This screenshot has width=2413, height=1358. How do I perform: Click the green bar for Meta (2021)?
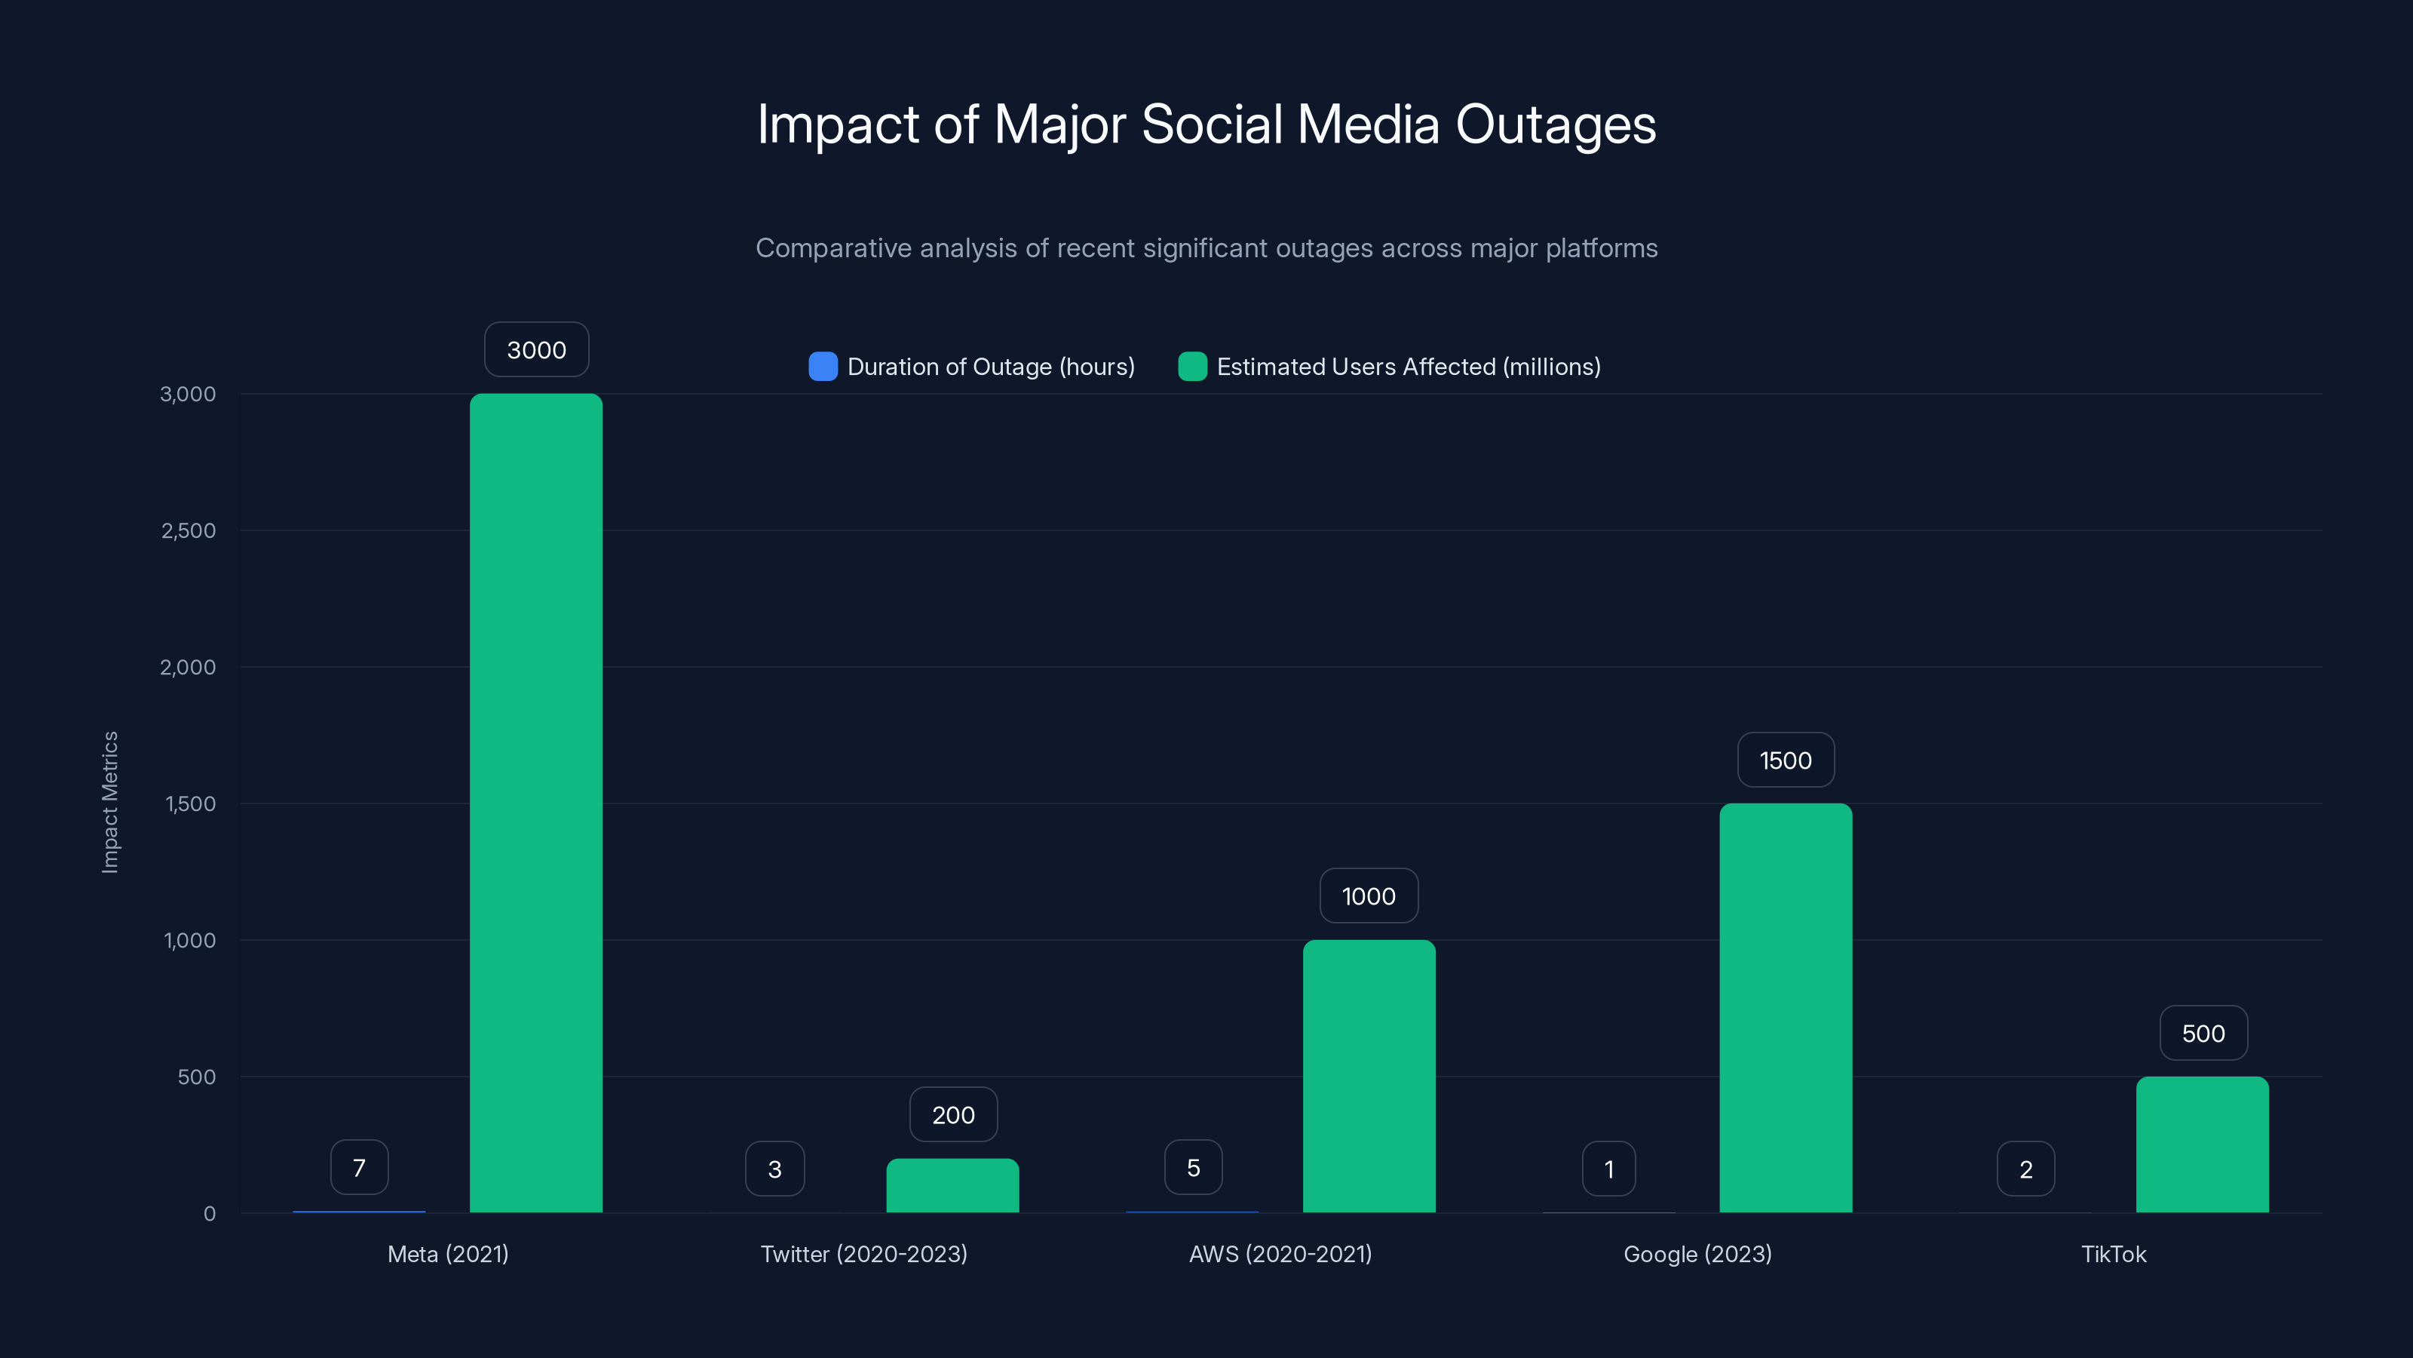[x=536, y=803]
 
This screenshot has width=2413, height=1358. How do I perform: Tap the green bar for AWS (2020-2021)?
[x=1369, y=1076]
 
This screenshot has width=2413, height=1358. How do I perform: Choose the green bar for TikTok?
[x=2202, y=1144]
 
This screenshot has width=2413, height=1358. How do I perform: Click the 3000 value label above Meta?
[x=537, y=349]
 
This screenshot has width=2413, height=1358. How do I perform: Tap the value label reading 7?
[x=359, y=1168]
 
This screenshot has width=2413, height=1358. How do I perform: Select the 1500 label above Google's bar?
[x=1786, y=760]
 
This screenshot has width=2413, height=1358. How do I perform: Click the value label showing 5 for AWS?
[x=1194, y=1168]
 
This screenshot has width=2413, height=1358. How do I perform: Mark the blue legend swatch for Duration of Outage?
[x=823, y=367]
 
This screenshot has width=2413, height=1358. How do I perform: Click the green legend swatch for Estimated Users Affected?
[x=1191, y=367]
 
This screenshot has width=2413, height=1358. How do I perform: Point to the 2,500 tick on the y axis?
[x=189, y=530]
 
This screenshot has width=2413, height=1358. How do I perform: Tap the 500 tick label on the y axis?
[x=197, y=1077]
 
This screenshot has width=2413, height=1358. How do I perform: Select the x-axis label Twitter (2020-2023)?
[x=863, y=1254]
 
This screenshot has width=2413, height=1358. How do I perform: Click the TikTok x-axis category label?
[x=2113, y=1254]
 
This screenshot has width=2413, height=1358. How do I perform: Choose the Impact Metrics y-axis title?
[x=111, y=802]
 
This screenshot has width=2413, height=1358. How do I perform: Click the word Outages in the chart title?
[x=1555, y=124]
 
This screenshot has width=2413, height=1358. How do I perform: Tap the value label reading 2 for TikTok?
[x=2026, y=1169]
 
